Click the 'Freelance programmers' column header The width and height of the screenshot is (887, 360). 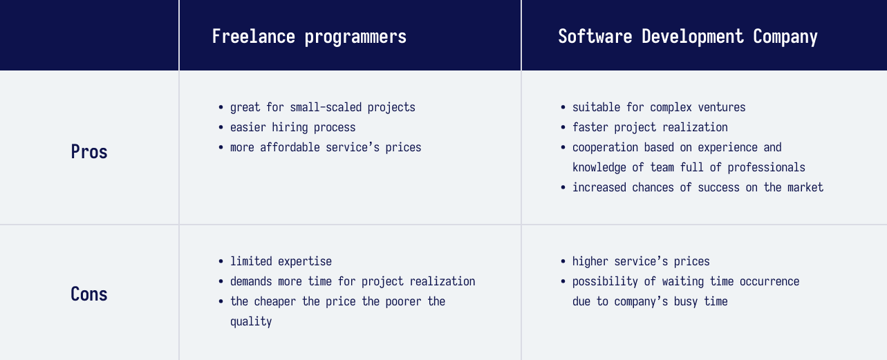tap(309, 37)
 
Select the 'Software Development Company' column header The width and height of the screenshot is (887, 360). tap(688, 37)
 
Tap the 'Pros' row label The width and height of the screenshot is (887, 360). tap(89, 151)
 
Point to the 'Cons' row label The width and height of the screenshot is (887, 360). tap(89, 294)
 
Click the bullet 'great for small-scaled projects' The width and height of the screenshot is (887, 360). tap(323, 108)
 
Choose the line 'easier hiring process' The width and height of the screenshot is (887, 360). tap(293, 127)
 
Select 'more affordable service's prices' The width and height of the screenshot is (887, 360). tap(326, 148)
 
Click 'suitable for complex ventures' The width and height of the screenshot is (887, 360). tap(659, 108)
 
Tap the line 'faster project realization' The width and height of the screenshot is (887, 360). tap(650, 127)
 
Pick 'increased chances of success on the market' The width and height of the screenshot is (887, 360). tap(698, 187)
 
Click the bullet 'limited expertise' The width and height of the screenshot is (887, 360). tap(281, 261)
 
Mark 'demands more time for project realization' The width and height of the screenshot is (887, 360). tap(353, 282)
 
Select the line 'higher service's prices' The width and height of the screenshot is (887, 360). tap(641, 261)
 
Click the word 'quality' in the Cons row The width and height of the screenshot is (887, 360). tap(251, 321)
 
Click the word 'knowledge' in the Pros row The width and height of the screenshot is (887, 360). tap(599, 168)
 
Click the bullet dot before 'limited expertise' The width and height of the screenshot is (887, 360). tap(221, 261)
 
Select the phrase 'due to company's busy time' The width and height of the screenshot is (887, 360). tap(650, 302)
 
